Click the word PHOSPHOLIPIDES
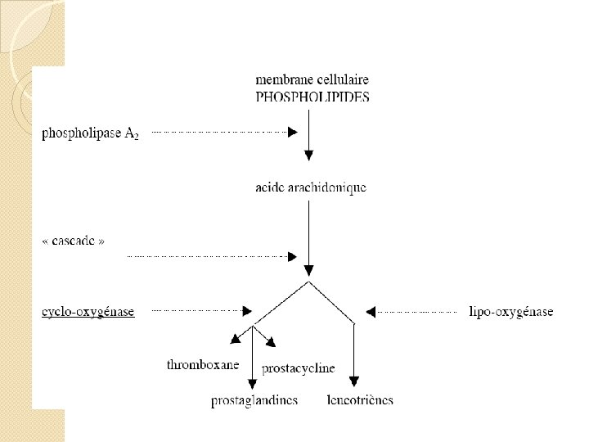pos(312,97)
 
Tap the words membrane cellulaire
pos(312,80)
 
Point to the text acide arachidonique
pos(311,187)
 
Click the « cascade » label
pos(74,241)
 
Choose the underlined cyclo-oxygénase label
pos(88,311)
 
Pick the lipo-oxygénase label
pos(510,311)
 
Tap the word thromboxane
pos(203,364)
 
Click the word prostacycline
pos(298,368)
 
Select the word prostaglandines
pos(254,400)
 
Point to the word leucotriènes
pos(360,400)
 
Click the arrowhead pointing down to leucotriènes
pos(353,381)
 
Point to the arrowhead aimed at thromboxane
pos(236,338)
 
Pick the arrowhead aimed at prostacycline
pos(273,345)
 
